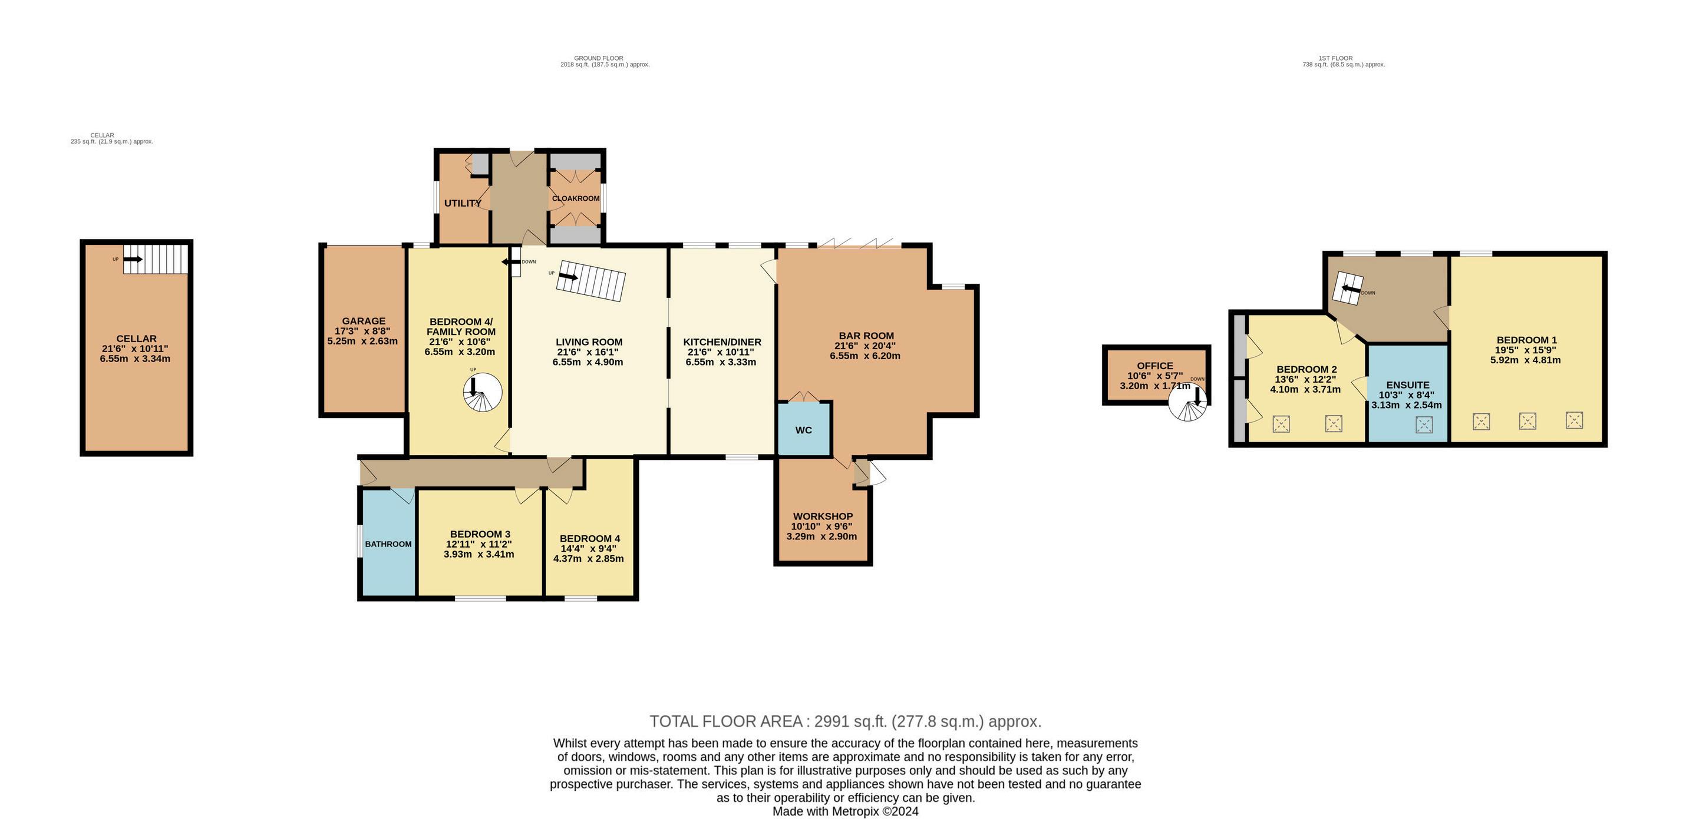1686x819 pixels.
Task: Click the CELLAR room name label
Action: (x=136, y=338)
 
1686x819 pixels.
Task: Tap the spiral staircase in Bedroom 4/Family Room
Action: (x=483, y=393)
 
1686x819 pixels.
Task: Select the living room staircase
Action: (x=591, y=281)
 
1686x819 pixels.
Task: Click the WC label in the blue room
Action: (x=804, y=430)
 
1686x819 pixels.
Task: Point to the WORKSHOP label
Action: (x=823, y=516)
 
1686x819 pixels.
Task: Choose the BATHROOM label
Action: (x=388, y=543)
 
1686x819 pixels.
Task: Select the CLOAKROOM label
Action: (x=575, y=198)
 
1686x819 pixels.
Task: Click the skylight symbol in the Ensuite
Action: (x=1424, y=425)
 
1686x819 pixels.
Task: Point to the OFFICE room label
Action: (x=1155, y=366)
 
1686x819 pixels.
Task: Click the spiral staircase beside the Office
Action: (x=1188, y=402)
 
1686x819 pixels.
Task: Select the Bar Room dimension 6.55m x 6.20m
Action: (x=865, y=356)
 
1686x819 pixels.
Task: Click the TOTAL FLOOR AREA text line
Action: (x=845, y=721)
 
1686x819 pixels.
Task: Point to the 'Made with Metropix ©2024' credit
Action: (x=845, y=811)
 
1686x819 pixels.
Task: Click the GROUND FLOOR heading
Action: (x=598, y=58)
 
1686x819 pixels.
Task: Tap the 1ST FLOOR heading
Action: (x=1343, y=58)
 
